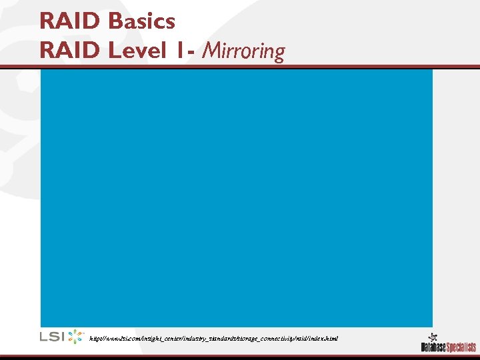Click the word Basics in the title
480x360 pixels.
tap(141, 21)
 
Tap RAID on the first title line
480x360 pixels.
tap(71, 21)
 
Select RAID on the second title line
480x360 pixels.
tap(71, 50)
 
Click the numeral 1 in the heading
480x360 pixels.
tap(181, 50)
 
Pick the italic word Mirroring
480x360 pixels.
tap(245, 51)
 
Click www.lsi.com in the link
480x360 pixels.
tap(119, 339)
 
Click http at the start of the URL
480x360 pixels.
tap(94, 339)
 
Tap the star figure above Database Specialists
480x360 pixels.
tap(433, 336)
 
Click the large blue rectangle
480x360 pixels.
tap(236, 197)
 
